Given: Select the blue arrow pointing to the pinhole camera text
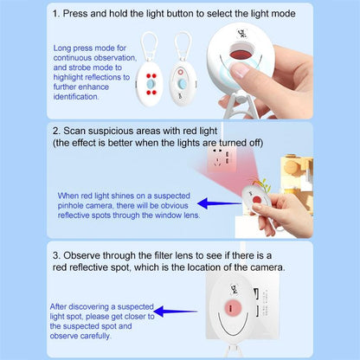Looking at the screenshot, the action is tap(219, 203).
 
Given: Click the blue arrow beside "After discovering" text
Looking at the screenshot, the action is tap(176, 312).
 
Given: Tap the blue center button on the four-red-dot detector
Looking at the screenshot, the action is tap(151, 84).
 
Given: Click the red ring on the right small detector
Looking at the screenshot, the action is tap(181, 72).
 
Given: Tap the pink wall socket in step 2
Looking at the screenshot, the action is tap(221, 159).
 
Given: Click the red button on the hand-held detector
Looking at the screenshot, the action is tap(256, 199).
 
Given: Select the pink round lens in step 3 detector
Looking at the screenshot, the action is tap(233, 309).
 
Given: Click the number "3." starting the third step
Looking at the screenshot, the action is tap(56, 255).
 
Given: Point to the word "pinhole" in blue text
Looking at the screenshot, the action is tap(71, 206).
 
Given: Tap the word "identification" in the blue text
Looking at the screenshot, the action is tap(76, 97).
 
